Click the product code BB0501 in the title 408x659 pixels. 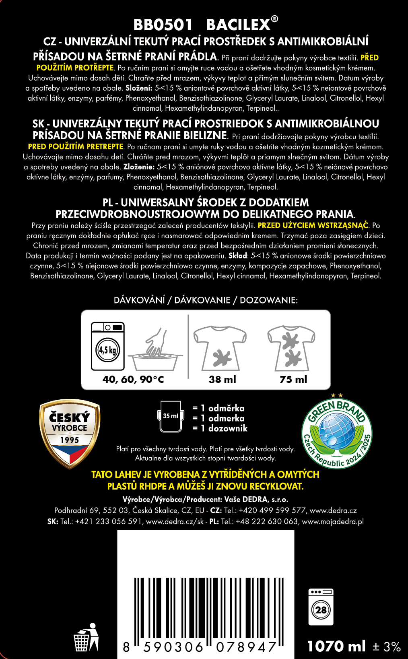point(163,25)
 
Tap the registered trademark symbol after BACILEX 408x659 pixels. point(274,19)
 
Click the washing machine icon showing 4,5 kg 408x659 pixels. point(107,346)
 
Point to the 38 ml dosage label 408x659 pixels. point(222,379)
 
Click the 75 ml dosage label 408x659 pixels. point(293,379)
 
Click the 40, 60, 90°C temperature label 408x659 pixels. point(133,379)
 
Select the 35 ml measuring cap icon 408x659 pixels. point(171,416)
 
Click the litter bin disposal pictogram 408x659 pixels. point(86,637)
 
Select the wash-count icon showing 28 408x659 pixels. point(321,607)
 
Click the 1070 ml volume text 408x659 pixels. point(336,646)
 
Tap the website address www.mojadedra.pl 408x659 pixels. point(333,521)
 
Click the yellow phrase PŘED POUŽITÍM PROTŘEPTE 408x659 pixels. point(75,68)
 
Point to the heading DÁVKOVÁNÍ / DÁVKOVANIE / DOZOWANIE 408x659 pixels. point(206,300)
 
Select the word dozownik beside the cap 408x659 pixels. point(228,428)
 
